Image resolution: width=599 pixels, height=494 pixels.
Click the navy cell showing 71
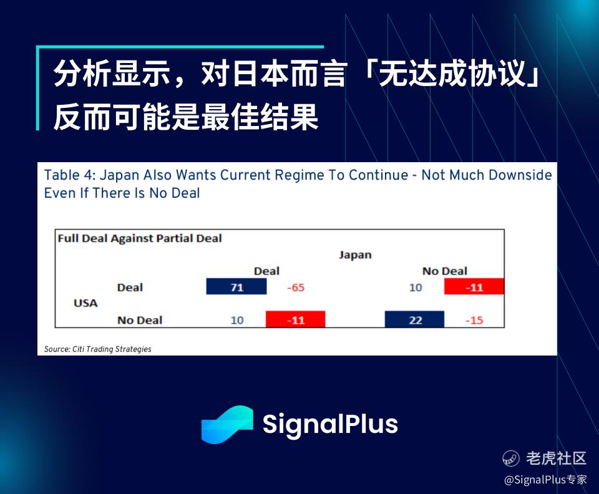[x=236, y=286]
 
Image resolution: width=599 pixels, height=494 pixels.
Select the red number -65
[x=296, y=288]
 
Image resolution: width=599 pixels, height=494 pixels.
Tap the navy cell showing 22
[x=414, y=319]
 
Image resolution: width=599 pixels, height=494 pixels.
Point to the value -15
[x=474, y=320]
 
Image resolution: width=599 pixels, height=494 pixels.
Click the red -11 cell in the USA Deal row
[x=474, y=286]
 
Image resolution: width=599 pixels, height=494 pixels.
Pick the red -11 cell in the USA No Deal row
[x=295, y=319]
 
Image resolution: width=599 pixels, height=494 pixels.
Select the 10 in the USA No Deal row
[x=237, y=320]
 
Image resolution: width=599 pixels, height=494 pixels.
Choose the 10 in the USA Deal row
[x=416, y=288]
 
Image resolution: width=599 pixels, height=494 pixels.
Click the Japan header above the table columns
[x=355, y=255]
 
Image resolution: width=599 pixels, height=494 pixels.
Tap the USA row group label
[x=85, y=303]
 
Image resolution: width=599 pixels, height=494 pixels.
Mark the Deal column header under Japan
[x=266, y=271]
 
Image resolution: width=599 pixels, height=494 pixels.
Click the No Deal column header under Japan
[x=445, y=271]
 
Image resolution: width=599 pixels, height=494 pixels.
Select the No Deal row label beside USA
[x=140, y=320]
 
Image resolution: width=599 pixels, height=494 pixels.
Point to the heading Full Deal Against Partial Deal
[x=140, y=239]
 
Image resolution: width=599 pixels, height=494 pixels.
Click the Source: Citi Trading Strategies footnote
[x=97, y=349]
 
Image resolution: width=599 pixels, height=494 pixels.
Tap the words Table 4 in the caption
[x=69, y=175]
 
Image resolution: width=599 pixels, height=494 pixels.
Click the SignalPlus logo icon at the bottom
[x=227, y=425]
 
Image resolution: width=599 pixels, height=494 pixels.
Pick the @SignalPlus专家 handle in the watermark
[x=545, y=480]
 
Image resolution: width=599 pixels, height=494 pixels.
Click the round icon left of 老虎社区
[x=511, y=458]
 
